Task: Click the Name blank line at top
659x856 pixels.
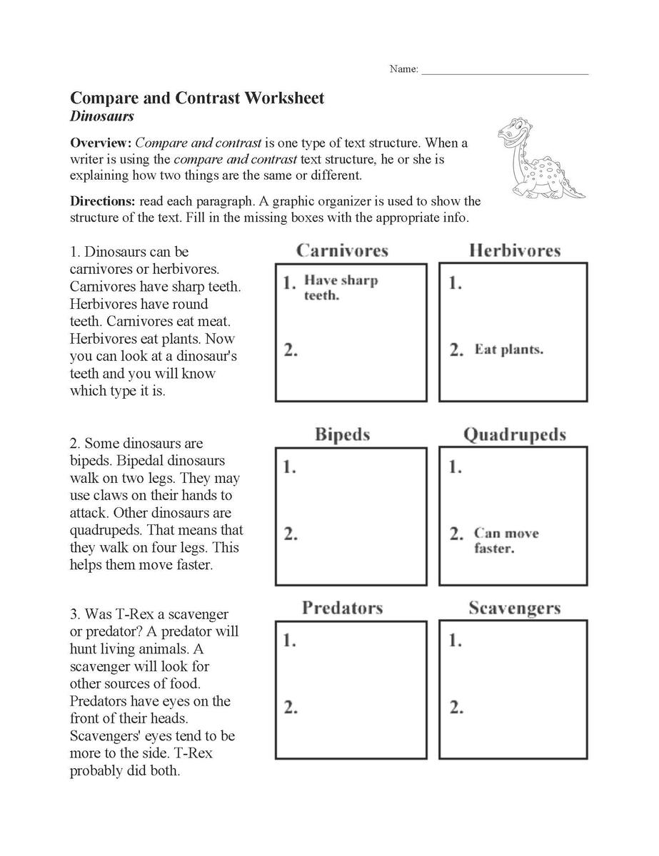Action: pos(505,71)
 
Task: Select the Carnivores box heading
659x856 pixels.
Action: pos(342,250)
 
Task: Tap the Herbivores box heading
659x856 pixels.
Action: pos(515,250)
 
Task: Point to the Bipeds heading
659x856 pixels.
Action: pos(342,434)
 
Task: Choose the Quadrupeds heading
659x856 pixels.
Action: pos(515,434)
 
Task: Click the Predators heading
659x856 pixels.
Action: pos(342,608)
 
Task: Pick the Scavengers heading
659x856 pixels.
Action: pos(515,608)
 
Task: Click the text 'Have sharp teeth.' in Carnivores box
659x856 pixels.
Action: pos(341,287)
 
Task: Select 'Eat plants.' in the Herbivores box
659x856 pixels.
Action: pos(509,350)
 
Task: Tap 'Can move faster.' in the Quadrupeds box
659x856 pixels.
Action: pos(505,541)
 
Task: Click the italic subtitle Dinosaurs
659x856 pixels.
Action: pos(102,116)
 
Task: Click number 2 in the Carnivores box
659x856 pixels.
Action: pos(290,350)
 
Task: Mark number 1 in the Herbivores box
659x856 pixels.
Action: pos(455,284)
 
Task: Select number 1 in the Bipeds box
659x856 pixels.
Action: pos(290,468)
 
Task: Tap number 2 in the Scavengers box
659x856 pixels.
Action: pos(455,708)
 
